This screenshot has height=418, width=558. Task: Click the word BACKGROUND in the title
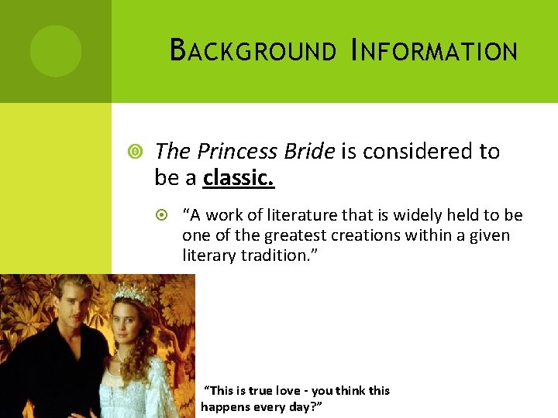click(253, 51)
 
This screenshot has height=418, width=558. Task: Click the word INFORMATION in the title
click(434, 51)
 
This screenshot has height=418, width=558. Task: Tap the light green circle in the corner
click(56, 51)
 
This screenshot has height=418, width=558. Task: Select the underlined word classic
click(239, 178)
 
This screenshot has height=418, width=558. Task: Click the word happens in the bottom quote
click(225, 406)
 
